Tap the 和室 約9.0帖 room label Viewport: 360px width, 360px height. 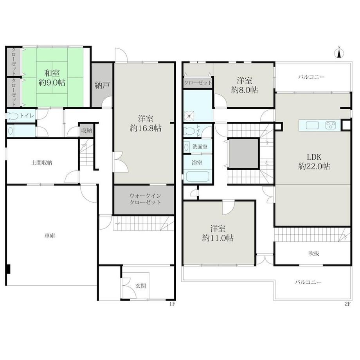pyautogui.click(x=52, y=78)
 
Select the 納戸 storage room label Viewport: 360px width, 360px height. pyautogui.click(x=102, y=85)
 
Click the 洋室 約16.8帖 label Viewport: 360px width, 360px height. pyautogui.click(x=146, y=124)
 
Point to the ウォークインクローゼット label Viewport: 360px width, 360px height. pyautogui.click(x=145, y=199)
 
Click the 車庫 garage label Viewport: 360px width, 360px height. pyautogui.click(x=50, y=236)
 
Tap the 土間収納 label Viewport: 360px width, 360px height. pyautogui.click(x=42, y=163)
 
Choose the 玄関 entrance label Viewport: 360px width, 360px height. pyautogui.click(x=140, y=286)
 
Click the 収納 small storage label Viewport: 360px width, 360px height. pyautogui.click(x=86, y=130)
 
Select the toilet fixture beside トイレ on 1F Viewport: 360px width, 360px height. pyautogui.click(x=13, y=116)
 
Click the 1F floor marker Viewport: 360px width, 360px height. pyautogui.click(x=172, y=304)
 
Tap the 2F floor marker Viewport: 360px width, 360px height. pyautogui.click(x=347, y=304)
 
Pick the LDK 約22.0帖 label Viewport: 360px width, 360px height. pyautogui.click(x=314, y=161)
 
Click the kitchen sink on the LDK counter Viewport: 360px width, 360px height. pyautogui.click(x=312, y=125)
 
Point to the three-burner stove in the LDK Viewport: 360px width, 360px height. pyautogui.click(x=331, y=125)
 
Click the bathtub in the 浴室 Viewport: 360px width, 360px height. pyautogui.click(x=198, y=176)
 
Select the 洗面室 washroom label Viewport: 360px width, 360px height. pyautogui.click(x=200, y=146)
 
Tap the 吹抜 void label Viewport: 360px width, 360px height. pyautogui.click(x=313, y=254)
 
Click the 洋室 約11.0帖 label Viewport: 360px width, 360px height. pyautogui.click(x=218, y=233)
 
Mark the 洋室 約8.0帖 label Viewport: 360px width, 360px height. pyautogui.click(x=245, y=85)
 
